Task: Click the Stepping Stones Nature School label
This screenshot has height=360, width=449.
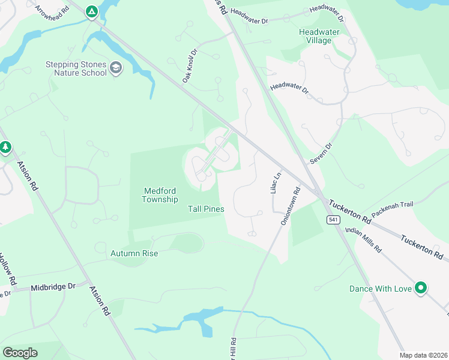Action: [x=76, y=69]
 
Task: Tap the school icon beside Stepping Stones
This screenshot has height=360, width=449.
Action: [x=116, y=68]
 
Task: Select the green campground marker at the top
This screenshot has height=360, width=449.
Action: [x=91, y=11]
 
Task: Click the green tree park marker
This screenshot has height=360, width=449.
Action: [x=5, y=146]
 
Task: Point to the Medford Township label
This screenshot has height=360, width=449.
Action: [x=160, y=195]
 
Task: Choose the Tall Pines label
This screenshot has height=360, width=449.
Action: [x=205, y=209]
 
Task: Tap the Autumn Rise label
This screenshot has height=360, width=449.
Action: [x=134, y=253]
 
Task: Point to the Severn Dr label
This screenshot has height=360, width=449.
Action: [x=321, y=154]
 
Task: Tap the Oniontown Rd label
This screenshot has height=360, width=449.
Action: [x=289, y=207]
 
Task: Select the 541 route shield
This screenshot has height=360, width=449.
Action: [x=332, y=220]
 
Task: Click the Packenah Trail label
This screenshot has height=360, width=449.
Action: [x=393, y=209]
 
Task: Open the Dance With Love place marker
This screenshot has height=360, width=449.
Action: [x=421, y=288]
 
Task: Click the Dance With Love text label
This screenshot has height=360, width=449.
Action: [x=381, y=289]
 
